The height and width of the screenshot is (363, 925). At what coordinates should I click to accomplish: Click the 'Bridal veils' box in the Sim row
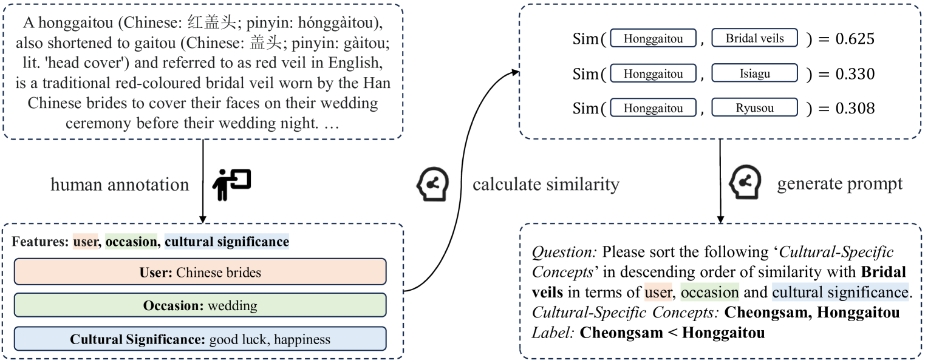[x=755, y=39]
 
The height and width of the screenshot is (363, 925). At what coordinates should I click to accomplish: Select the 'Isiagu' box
[x=755, y=74]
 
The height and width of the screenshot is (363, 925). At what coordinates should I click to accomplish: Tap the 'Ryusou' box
[x=755, y=109]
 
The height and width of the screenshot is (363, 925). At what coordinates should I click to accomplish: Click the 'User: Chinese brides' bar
[x=200, y=273]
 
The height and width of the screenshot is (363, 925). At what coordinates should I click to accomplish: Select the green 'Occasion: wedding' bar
[x=200, y=305]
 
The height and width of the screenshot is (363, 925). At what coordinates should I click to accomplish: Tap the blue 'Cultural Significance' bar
[x=200, y=339]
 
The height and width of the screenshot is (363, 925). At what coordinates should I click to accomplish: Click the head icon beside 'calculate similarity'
[x=432, y=184]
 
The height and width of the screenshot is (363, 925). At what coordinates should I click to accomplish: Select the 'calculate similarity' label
[x=545, y=185]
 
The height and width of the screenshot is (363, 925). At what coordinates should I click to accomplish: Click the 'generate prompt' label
[x=840, y=185]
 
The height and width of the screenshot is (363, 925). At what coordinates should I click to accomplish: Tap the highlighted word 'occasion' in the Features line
[x=131, y=242]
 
